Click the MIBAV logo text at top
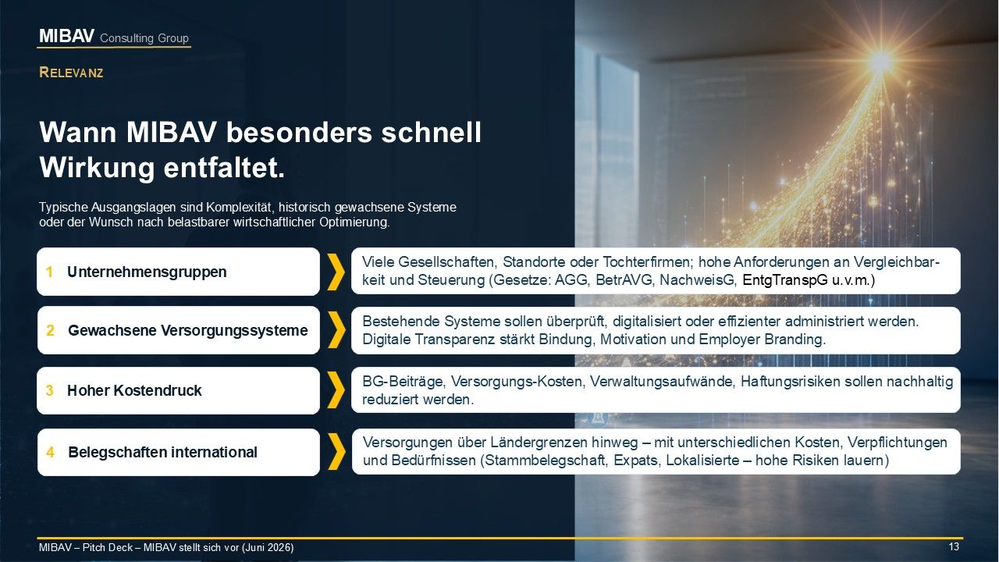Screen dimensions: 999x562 coord(67,36)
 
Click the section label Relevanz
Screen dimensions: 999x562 coord(71,73)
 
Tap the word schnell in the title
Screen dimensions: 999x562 coord(432,132)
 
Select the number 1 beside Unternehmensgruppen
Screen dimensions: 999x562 coord(49,272)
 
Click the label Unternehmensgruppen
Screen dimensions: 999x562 coord(147,272)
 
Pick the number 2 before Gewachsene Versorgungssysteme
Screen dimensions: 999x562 coord(50,330)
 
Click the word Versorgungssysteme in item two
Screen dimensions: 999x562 coord(234,330)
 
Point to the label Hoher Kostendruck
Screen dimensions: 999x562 coord(134,390)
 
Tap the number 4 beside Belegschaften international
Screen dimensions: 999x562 coord(50,452)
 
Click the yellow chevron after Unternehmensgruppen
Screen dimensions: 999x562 coord(336,272)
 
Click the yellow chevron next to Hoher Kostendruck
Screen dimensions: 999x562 coord(336,391)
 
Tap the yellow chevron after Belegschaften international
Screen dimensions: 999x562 coord(336,451)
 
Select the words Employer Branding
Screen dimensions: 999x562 coord(763,340)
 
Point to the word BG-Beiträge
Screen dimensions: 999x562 coord(404,382)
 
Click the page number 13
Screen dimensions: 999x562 coord(954,547)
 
